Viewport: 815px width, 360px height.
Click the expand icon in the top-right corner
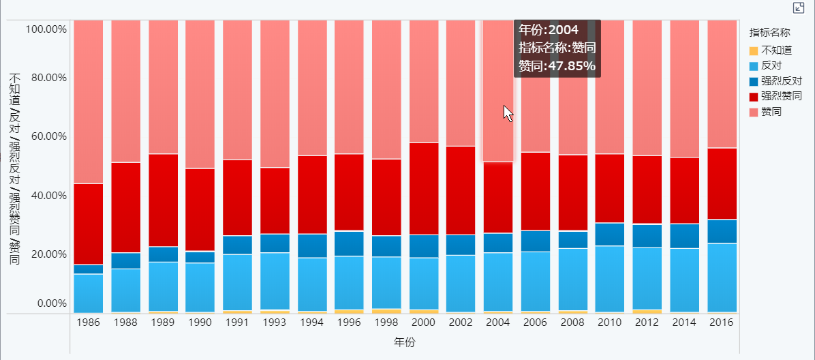799,7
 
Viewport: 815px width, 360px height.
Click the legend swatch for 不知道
753,50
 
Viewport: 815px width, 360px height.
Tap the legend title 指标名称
769,32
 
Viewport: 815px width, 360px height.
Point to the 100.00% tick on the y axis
46,29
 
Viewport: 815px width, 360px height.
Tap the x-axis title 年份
405,342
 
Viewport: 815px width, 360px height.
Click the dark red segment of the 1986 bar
89,224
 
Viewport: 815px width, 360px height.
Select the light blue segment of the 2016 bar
722,277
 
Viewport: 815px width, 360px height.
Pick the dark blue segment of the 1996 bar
349,243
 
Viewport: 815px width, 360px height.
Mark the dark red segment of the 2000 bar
424,188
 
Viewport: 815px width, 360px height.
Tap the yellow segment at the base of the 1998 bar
386,311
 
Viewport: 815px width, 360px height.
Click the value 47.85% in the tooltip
574,66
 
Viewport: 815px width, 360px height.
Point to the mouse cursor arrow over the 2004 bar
508,113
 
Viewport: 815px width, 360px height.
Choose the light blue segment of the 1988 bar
126,290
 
